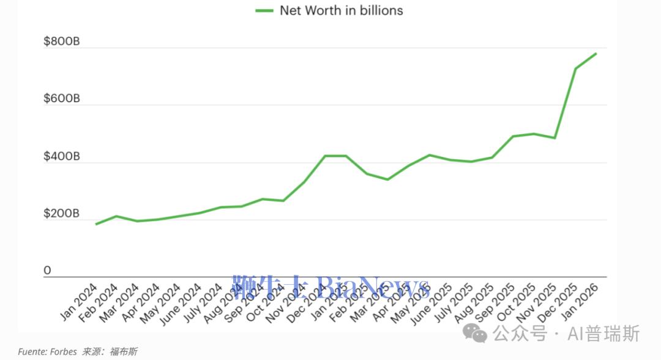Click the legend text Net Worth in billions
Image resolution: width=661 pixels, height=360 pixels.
pyautogui.click(x=341, y=10)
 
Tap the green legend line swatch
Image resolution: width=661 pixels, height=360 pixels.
pyautogui.click(x=264, y=10)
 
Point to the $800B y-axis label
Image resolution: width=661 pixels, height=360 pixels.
pyautogui.click(x=61, y=42)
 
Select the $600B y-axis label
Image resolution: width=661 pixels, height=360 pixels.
pyautogui.click(x=61, y=99)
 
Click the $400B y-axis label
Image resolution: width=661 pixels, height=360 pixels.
pyautogui.click(x=61, y=157)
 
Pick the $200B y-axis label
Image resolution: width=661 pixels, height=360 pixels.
pyautogui.click(x=61, y=214)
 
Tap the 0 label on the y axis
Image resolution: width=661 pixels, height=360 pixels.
pyautogui.click(x=47, y=271)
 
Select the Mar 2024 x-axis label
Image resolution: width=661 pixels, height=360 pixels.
pyautogui.click(x=121, y=302)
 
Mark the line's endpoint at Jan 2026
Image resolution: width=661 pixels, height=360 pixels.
pyautogui.click(x=596, y=53)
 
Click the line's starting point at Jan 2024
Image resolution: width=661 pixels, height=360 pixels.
pyautogui.click(x=96, y=224)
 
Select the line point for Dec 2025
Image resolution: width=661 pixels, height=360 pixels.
pyautogui.click(x=575, y=69)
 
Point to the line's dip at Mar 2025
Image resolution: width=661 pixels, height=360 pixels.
pyautogui.click(x=387, y=179)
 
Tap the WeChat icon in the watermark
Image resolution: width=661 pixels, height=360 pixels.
pyautogui.click(x=475, y=333)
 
